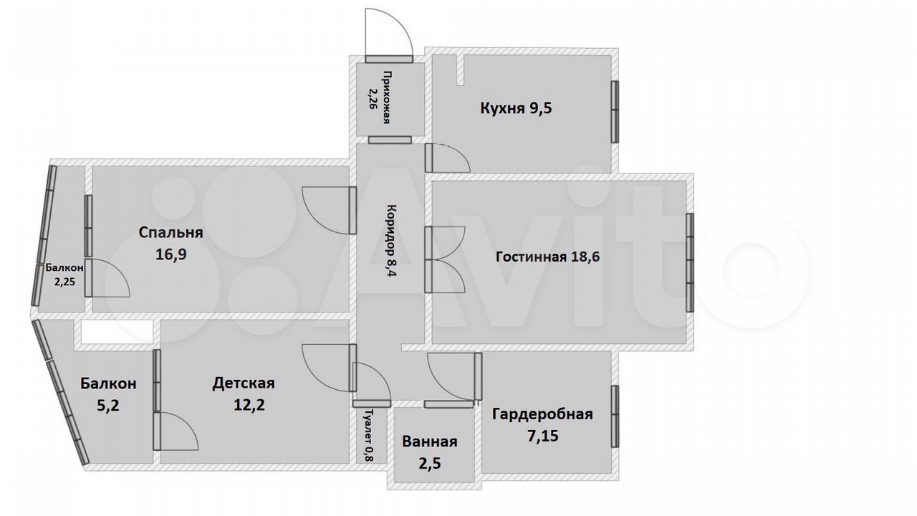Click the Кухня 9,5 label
(516, 108)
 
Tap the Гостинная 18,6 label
(548, 257)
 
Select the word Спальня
(171, 233)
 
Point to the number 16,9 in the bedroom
(171, 254)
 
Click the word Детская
(244, 383)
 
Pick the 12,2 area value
(249, 405)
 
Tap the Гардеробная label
(542, 414)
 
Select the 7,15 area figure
(542, 436)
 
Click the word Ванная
(429, 442)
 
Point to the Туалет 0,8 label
(369, 435)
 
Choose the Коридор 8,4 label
(391, 240)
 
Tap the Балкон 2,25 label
(64, 274)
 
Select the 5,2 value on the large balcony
(108, 406)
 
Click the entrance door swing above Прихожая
(389, 35)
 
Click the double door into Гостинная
(445, 259)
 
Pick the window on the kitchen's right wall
(615, 111)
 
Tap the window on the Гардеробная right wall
(615, 416)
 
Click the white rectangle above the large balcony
(117, 332)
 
